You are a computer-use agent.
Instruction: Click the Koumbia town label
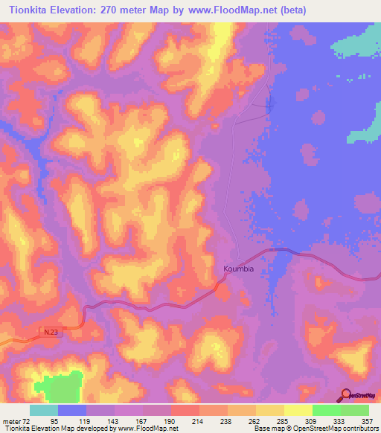coord(239,269)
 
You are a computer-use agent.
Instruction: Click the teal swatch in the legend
coord(44,410)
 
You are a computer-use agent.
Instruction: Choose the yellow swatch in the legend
coord(298,410)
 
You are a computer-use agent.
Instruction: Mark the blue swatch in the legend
coord(72,410)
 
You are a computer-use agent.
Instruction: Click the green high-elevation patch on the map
coord(63,387)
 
